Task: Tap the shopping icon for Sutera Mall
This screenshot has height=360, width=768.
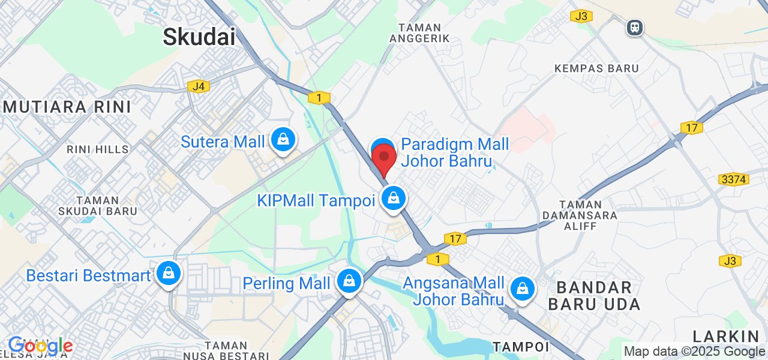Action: tap(283, 140)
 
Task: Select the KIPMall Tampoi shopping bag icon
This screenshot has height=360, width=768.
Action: tap(394, 198)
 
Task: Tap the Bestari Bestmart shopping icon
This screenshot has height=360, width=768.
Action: tap(169, 273)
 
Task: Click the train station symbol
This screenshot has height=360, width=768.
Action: tap(634, 27)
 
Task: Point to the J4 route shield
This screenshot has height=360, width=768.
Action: tap(199, 86)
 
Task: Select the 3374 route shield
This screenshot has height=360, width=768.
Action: tap(732, 179)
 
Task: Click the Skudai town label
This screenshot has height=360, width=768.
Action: tap(199, 37)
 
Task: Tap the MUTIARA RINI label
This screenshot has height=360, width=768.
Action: tap(65, 107)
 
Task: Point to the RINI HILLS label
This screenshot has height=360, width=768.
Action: tap(97, 149)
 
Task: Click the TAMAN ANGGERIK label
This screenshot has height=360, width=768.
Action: tap(424, 33)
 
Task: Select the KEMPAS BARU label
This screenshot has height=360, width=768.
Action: tap(596, 68)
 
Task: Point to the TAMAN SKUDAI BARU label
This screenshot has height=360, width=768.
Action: tap(98, 206)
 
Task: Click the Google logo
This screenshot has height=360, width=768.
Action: tap(40, 346)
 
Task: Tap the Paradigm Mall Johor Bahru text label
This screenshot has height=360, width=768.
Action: tap(455, 152)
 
